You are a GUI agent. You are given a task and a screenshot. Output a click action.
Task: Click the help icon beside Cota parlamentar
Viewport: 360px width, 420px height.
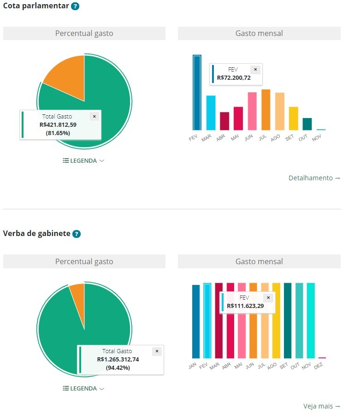(x=76, y=6)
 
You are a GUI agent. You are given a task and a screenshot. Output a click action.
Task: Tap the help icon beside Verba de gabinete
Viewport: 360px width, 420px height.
(x=77, y=234)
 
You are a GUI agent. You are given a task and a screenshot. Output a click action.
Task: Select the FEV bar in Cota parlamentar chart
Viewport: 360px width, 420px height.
(x=197, y=92)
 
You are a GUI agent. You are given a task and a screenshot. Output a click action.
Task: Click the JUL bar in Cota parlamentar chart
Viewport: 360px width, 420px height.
(x=266, y=110)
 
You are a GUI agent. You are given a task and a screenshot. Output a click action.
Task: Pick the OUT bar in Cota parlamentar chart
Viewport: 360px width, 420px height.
(x=307, y=124)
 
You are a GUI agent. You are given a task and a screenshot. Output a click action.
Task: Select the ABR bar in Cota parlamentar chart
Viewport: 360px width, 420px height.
(x=224, y=121)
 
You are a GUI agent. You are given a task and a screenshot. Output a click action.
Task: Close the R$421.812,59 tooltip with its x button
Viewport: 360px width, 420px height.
(x=94, y=117)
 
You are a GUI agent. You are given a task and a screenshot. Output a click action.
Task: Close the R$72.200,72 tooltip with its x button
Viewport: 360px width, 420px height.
(x=256, y=70)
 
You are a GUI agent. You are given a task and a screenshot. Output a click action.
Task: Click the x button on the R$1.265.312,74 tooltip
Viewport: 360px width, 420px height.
(x=157, y=351)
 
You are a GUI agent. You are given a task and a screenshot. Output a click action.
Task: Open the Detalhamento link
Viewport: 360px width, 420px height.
(x=314, y=178)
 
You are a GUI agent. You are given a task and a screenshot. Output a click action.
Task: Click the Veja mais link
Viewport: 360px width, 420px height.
(x=322, y=406)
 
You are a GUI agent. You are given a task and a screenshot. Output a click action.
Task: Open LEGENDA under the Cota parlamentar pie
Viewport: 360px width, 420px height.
(x=83, y=161)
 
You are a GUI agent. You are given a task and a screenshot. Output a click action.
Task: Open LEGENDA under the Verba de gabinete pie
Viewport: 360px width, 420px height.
(x=83, y=389)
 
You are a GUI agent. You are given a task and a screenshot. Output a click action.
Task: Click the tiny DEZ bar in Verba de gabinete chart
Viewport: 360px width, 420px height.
(x=322, y=357)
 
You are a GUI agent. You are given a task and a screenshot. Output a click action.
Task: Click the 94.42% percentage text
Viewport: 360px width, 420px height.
(x=118, y=368)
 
